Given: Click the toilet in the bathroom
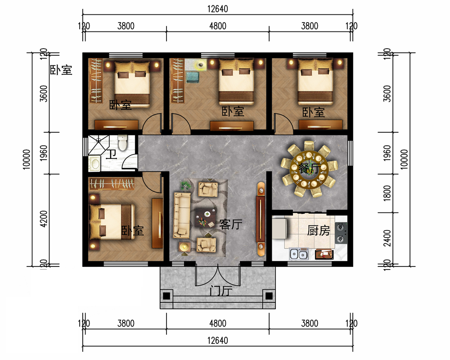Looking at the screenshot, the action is point(122,142).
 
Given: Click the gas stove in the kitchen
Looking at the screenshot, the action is point(341,233).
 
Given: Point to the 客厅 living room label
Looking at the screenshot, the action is point(231,224).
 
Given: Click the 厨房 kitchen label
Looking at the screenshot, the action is point(319,230).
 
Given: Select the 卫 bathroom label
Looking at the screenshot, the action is point(112,154).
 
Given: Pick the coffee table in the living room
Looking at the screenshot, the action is point(205,217).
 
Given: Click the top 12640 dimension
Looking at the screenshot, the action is point(217,9).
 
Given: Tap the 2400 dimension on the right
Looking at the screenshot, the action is point(387,238).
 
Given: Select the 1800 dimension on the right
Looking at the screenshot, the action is point(387,193).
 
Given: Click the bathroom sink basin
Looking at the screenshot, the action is point(94,164).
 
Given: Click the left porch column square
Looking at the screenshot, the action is point(167,296).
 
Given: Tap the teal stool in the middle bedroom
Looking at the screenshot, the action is point(193,77).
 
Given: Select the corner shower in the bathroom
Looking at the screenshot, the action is point(98,145).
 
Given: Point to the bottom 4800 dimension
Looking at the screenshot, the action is point(217,324).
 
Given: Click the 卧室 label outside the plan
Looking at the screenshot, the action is point(61,70).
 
